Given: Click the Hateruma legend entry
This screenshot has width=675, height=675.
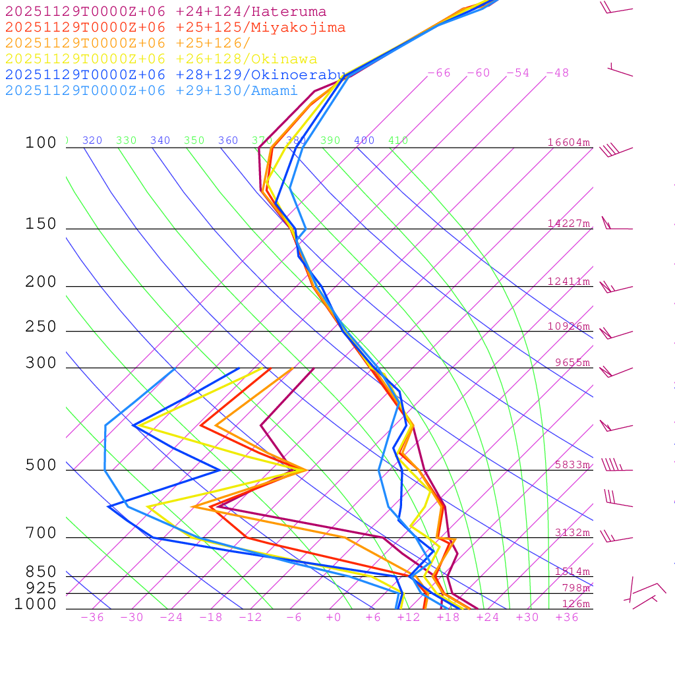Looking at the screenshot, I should (165, 12).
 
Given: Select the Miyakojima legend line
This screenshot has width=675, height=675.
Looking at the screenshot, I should (175, 28).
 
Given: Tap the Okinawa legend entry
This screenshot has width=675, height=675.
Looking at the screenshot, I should (161, 59).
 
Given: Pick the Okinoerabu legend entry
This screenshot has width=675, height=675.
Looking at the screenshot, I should (175, 75).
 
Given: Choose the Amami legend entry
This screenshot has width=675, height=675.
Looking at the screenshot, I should (152, 91).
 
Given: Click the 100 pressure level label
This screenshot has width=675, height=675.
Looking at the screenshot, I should (41, 143).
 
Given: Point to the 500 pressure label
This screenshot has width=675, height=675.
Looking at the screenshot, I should (41, 465).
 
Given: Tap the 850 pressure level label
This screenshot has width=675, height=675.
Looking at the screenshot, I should (41, 572).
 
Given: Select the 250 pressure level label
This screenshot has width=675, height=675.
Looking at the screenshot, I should (41, 327).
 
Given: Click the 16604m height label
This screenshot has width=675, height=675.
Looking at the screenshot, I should (568, 142).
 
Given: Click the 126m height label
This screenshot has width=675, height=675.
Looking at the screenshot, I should (575, 604).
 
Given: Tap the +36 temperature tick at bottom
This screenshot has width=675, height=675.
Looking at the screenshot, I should (567, 617).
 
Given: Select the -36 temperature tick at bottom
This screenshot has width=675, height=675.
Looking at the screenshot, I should (92, 617).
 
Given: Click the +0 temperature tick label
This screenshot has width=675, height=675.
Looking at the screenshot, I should (334, 617).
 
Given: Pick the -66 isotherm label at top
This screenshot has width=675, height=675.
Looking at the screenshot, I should (439, 73).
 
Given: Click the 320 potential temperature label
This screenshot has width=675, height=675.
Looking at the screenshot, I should (92, 140).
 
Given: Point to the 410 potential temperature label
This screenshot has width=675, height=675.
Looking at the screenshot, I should (398, 140).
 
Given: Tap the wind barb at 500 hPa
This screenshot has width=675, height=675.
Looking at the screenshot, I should (613, 465).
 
